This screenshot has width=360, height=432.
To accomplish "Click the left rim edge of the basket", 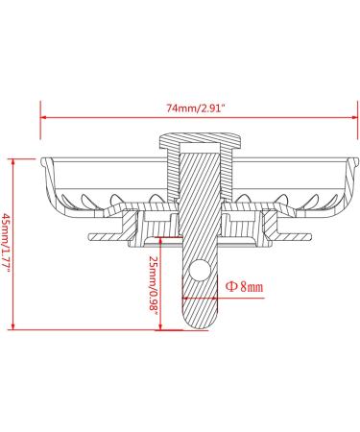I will (x=43, y=161).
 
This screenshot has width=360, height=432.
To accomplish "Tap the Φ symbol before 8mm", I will (x=231, y=286).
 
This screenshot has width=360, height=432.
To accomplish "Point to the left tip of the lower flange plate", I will (x=88, y=235).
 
